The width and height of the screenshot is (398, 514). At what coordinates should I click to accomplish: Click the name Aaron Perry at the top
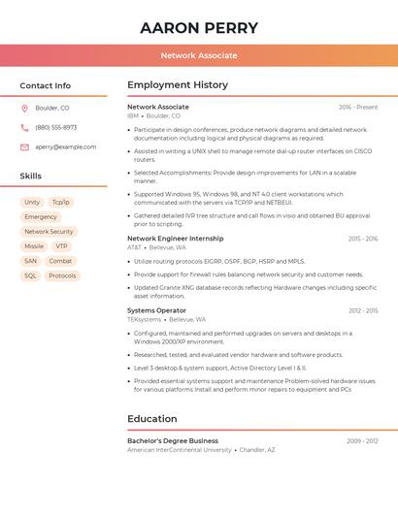pyautogui.click(x=199, y=28)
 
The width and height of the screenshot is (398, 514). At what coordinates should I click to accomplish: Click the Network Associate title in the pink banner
pyautogui.click(x=199, y=55)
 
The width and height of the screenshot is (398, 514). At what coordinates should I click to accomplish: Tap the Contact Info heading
pyautogui.click(x=45, y=85)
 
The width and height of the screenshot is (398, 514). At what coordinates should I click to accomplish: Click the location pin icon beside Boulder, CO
pyautogui.click(x=24, y=109)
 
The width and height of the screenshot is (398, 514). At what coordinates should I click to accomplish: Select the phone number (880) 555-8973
pyautogui.click(x=55, y=127)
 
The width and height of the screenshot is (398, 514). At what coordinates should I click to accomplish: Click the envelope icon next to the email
pyautogui.click(x=24, y=146)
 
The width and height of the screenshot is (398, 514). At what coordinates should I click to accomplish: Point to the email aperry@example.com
pyautogui.click(x=65, y=146)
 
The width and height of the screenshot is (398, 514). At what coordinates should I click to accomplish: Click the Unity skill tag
pyautogui.click(x=32, y=202)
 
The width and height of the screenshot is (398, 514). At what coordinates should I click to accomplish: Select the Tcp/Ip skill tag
pyautogui.click(x=61, y=202)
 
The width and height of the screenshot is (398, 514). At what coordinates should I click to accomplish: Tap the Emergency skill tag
pyautogui.click(x=41, y=217)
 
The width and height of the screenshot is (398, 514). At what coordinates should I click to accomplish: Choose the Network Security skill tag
pyautogui.click(x=49, y=232)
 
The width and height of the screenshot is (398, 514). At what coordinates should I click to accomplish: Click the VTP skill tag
pyautogui.click(x=61, y=246)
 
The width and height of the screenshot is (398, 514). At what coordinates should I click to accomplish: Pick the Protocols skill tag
pyautogui.click(x=62, y=275)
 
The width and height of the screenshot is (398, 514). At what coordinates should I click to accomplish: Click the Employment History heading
pyautogui.click(x=178, y=85)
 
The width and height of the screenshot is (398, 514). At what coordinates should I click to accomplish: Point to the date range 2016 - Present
pyautogui.click(x=358, y=107)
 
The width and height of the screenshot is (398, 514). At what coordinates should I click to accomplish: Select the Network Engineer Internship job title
pyautogui.click(x=175, y=238)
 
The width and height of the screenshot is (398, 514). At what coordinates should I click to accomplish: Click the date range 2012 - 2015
pyautogui.click(x=363, y=310)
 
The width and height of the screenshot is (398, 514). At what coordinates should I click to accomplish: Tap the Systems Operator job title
pyautogui.click(x=156, y=310)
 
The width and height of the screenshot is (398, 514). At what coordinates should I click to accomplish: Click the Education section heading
pyautogui.click(x=151, y=419)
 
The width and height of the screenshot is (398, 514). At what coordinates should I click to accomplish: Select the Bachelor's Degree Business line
pyautogui.click(x=173, y=440)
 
